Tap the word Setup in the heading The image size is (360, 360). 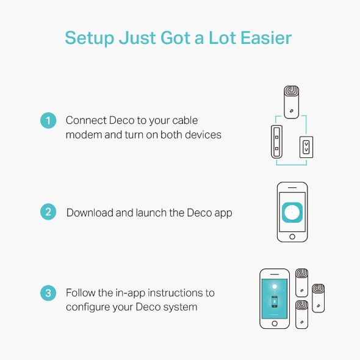coord(90,38)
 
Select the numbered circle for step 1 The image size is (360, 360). coord(48,120)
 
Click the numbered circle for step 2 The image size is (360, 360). coord(48,212)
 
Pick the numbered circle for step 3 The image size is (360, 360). coord(48,293)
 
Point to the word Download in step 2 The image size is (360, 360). coord(90,212)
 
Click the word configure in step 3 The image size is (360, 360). coord(88,308)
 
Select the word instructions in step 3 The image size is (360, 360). coord(176,293)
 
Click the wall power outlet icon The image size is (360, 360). coord(306,147)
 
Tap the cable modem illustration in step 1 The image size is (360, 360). coord(276,142)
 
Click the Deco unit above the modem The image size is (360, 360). coord(291,102)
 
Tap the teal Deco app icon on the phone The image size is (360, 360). coord(292,212)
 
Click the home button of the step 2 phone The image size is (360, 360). coord(292,237)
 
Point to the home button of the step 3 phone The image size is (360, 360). coord(275,323)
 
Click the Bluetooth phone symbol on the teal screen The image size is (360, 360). coord(275,301)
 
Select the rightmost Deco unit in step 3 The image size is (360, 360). coord(319,298)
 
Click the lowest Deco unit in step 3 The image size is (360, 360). coord(301,314)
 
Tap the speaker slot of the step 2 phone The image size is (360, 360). coord(292,187)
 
